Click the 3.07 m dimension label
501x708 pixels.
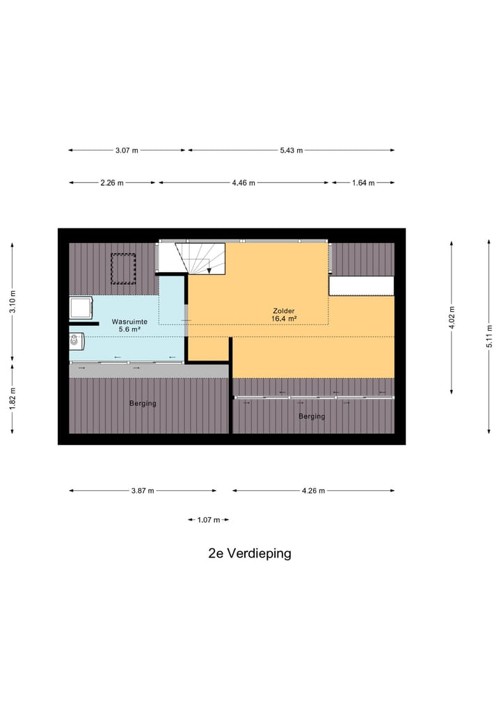tap(126, 150)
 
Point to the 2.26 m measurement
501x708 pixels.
tap(111, 183)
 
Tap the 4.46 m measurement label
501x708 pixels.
tap(244, 183)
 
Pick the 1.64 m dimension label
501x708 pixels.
tap(363, 183)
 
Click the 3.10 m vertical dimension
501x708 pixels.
tap(12, 301)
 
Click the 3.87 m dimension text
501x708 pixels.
tap(143, 491)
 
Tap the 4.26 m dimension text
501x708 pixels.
tap(313, 491)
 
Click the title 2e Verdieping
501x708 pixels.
tap(249, 554)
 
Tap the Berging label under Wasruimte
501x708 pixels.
tap(143, 404)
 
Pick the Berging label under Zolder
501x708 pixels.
tap(312, 416)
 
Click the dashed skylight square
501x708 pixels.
tap(123, 269)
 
